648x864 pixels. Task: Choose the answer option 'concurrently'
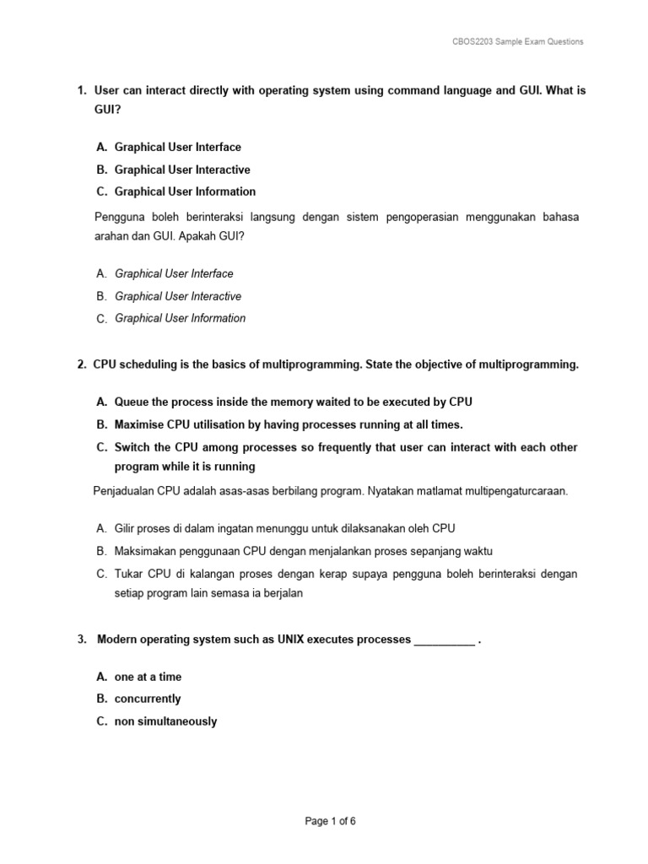148,699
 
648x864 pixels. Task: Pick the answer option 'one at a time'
148,677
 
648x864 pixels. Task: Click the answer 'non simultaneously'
165,721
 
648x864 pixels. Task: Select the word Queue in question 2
132,402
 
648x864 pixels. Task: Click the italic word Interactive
216,296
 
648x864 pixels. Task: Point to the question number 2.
81,364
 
